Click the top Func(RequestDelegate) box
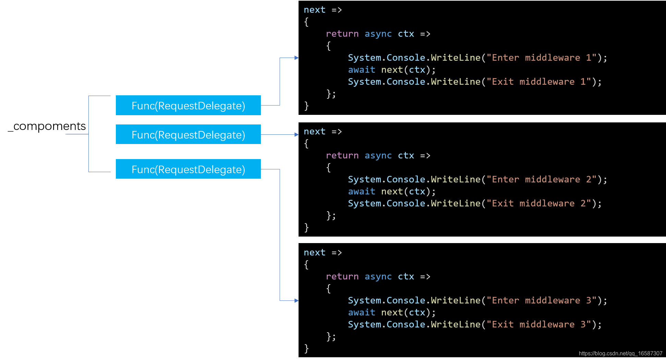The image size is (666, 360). (188, 105)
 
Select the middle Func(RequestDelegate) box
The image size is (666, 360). (188, 134)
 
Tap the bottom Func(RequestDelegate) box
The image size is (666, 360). (188, 169)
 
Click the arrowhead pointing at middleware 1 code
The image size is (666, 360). (296, 58)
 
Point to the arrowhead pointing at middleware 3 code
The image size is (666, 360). (296, 301)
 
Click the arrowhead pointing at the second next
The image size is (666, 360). (296, 134)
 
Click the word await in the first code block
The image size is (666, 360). (362, 70)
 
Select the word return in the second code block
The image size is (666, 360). (342, 155)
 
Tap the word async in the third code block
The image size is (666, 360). (378, 276)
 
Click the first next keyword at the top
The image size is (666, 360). (314, 10)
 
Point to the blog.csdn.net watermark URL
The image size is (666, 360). (620, 353)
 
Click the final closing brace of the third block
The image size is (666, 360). (306, 348)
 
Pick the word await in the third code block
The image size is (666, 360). (362, 312)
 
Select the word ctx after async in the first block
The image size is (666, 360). (406, 34)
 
